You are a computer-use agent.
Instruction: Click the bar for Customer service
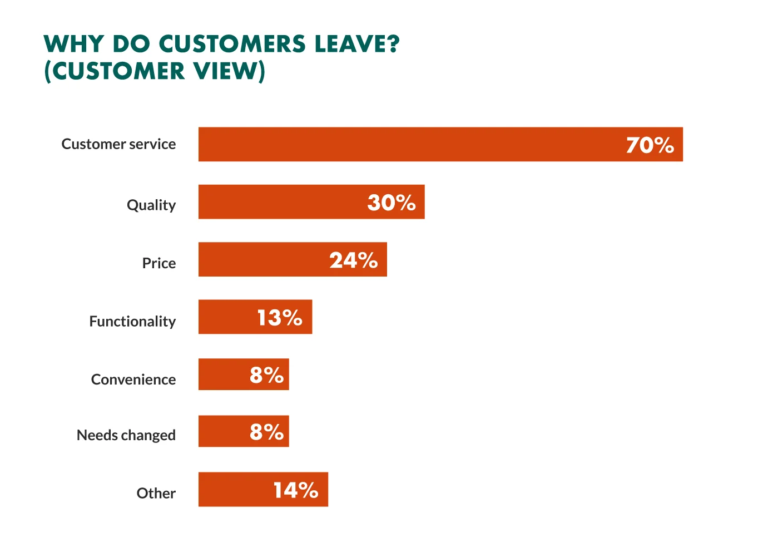coord(412,145)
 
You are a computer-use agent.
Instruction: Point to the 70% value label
coord(650,145)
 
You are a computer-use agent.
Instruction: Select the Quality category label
coord(151,205)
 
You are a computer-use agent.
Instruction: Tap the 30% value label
coord(392,203)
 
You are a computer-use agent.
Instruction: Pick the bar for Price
coord(261,260)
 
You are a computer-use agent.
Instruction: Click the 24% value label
coord(353,260)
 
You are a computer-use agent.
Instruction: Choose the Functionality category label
coord(132,322)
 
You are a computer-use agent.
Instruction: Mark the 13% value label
coord(279,318)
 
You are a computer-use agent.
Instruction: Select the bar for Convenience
coord(222,374)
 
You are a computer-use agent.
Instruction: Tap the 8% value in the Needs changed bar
coord(266,432)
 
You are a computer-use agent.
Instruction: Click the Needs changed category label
coord(126,435)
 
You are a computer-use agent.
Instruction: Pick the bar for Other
coord(234,490)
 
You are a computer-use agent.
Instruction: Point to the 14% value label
coord(295,490)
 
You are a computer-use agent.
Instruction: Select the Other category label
coord(156,494)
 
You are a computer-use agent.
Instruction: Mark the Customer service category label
coord(118,145)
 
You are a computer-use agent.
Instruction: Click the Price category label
coord(158,263)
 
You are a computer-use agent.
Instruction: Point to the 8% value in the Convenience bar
coord(266,375)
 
